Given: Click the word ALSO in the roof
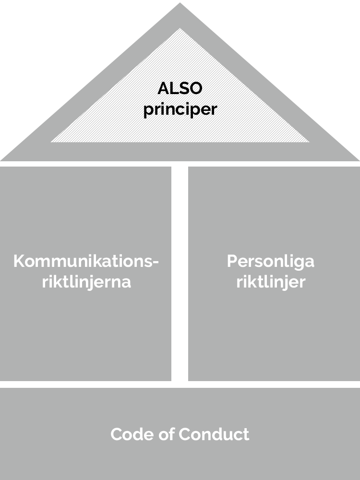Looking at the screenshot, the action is point(180,88).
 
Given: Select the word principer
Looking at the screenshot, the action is point(180,109).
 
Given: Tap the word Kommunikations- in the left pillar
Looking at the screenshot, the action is point(86,262).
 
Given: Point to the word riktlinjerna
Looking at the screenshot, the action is point(86,282).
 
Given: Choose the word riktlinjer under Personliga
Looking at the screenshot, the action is point(271,282).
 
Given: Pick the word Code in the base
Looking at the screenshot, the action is point(133,434).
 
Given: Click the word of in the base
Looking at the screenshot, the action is point(167,434).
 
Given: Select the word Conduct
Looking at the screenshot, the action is point(214,434).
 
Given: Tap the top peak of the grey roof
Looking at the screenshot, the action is point(180,3).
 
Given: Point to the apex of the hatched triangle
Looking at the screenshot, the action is point(180,28).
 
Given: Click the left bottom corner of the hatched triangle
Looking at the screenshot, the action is point(51,142).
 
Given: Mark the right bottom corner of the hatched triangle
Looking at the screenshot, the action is point(309,142).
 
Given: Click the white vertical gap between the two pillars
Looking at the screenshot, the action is point(180,274).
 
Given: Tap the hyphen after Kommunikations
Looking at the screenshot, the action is point(156,263).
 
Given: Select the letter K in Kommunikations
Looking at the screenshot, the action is point(20,262).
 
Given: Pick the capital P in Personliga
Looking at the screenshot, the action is point(232,262).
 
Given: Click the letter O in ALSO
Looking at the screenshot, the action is point(195,88).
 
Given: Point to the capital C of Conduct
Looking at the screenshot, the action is point(185,434).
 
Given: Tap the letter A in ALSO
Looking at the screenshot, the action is point(164,88).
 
